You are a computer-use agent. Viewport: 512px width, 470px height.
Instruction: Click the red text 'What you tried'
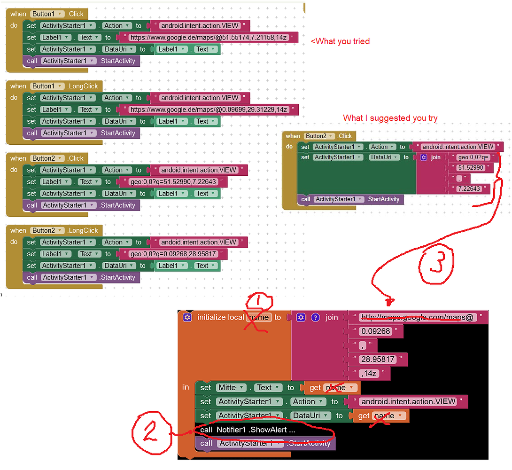point(340,41)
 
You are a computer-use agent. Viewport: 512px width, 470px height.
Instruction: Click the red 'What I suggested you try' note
point(390,118)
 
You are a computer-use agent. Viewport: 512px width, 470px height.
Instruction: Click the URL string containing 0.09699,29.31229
point(209,110)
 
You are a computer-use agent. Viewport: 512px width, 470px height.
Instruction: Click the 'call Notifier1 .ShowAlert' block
point(248,430)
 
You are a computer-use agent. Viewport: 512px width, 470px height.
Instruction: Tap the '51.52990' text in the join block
point(471,168)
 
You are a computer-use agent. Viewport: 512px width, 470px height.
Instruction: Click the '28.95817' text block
point(378,360)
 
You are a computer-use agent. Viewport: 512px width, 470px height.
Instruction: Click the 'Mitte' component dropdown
point(231,388)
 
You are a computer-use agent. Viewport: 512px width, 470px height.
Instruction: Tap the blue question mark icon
point(315,317)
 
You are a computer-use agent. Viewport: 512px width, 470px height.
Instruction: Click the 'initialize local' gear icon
point(187,317)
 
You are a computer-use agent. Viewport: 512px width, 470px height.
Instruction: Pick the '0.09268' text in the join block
point(375,331)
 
